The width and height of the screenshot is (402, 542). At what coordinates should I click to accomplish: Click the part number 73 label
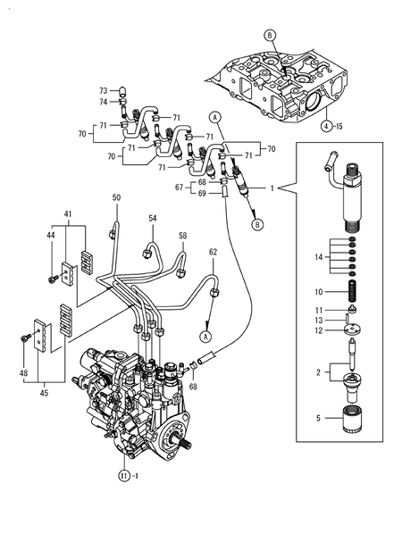[103, 91]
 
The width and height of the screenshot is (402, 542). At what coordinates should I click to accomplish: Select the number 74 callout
[103, 102]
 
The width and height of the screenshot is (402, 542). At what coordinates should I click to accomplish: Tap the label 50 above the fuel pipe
[116, 197]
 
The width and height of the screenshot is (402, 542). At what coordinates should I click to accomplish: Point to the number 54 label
[153, 218]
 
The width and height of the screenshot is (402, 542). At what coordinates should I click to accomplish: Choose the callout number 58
[182, 236]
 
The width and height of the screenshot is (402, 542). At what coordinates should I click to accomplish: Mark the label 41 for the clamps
[67, 214]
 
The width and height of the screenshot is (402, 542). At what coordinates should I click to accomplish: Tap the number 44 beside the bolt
[50, 235]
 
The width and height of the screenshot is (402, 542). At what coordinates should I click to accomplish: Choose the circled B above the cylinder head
[269, 35]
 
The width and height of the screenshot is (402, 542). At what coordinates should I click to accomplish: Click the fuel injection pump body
[134, 397]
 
